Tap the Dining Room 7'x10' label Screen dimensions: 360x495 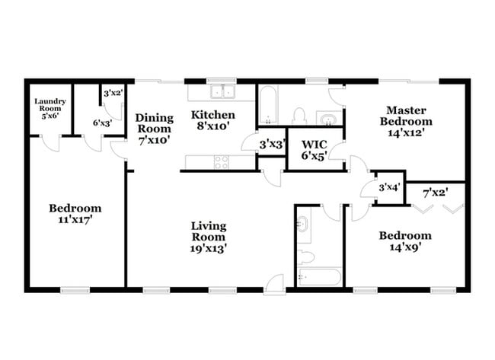click(x=154, y=129)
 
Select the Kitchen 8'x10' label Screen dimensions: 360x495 click(x=212, y=120)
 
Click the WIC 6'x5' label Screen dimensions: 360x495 click(x=315, y=150)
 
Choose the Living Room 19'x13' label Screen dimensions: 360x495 click(x=209, y=236)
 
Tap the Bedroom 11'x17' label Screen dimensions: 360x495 click(x=75, y=213)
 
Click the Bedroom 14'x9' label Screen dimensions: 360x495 click(x=405, y=241)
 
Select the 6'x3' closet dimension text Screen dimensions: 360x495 click(x=104, y=122)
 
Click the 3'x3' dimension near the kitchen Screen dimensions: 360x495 click(x=272, y=143)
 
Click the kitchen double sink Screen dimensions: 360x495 click(x=224, y=91)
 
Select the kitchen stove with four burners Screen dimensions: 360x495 click(x=222, y=161)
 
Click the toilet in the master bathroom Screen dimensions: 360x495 click(x=300, y=115)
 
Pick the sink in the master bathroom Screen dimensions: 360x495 click(x=328, y=119)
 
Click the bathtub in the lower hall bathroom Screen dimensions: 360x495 click(x=318, y=277)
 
